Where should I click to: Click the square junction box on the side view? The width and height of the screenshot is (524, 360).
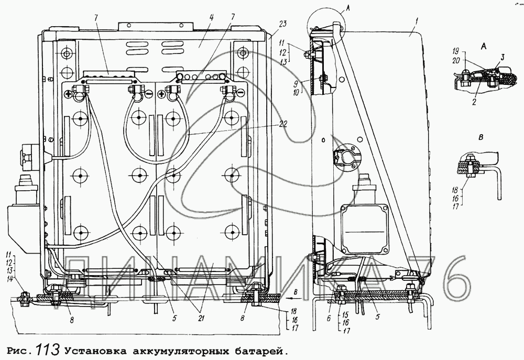[365, 228]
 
